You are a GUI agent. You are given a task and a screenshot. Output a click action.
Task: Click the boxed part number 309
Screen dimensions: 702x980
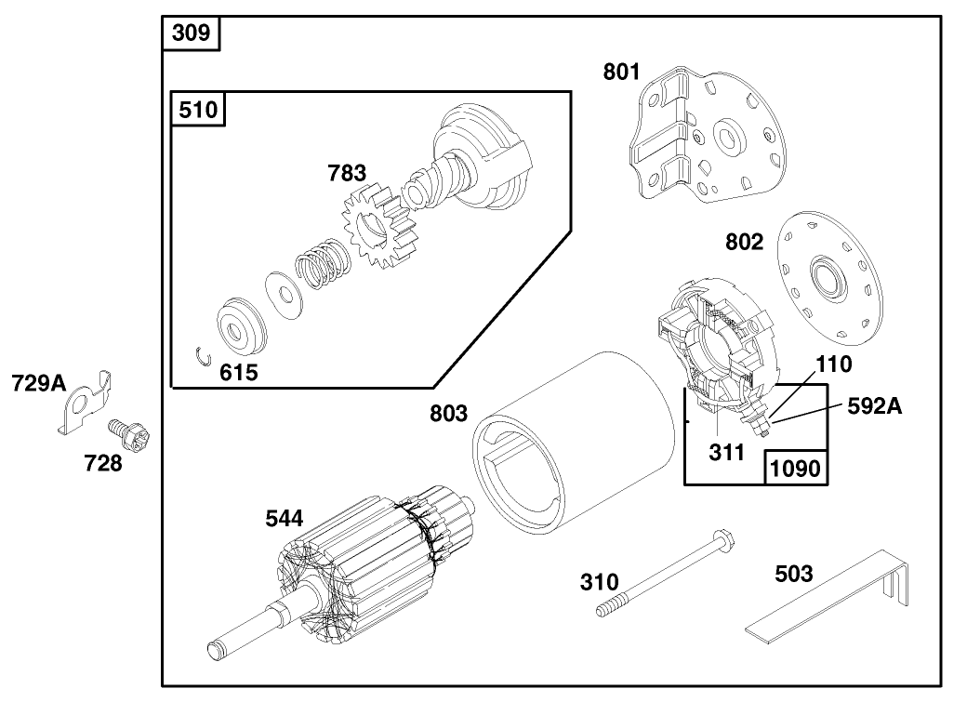(x=191, y=34)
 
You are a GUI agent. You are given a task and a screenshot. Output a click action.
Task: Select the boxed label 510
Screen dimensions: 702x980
(x=198, y=110)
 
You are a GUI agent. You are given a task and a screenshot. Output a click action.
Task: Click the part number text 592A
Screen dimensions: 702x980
(x=875, y=405)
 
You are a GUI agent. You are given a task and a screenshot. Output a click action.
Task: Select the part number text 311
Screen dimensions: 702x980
(x=726, y=453)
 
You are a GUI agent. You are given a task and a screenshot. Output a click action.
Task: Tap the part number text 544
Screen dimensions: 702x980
(x=284, y=519)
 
